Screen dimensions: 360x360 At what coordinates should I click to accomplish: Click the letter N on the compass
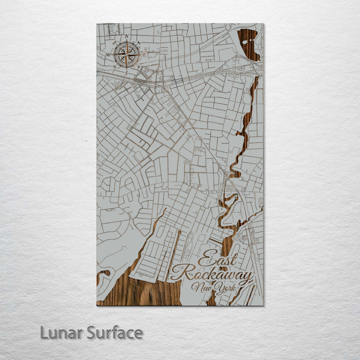click(126, 36)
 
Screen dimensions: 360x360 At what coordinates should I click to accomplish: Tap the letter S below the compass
click(126, 73)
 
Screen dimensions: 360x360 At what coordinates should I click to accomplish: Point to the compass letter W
click(108, 54)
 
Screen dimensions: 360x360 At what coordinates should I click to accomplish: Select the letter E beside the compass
click(144, 54)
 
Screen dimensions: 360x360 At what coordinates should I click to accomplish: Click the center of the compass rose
click(126, 54)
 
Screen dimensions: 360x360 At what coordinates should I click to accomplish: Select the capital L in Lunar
click(44, 332)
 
